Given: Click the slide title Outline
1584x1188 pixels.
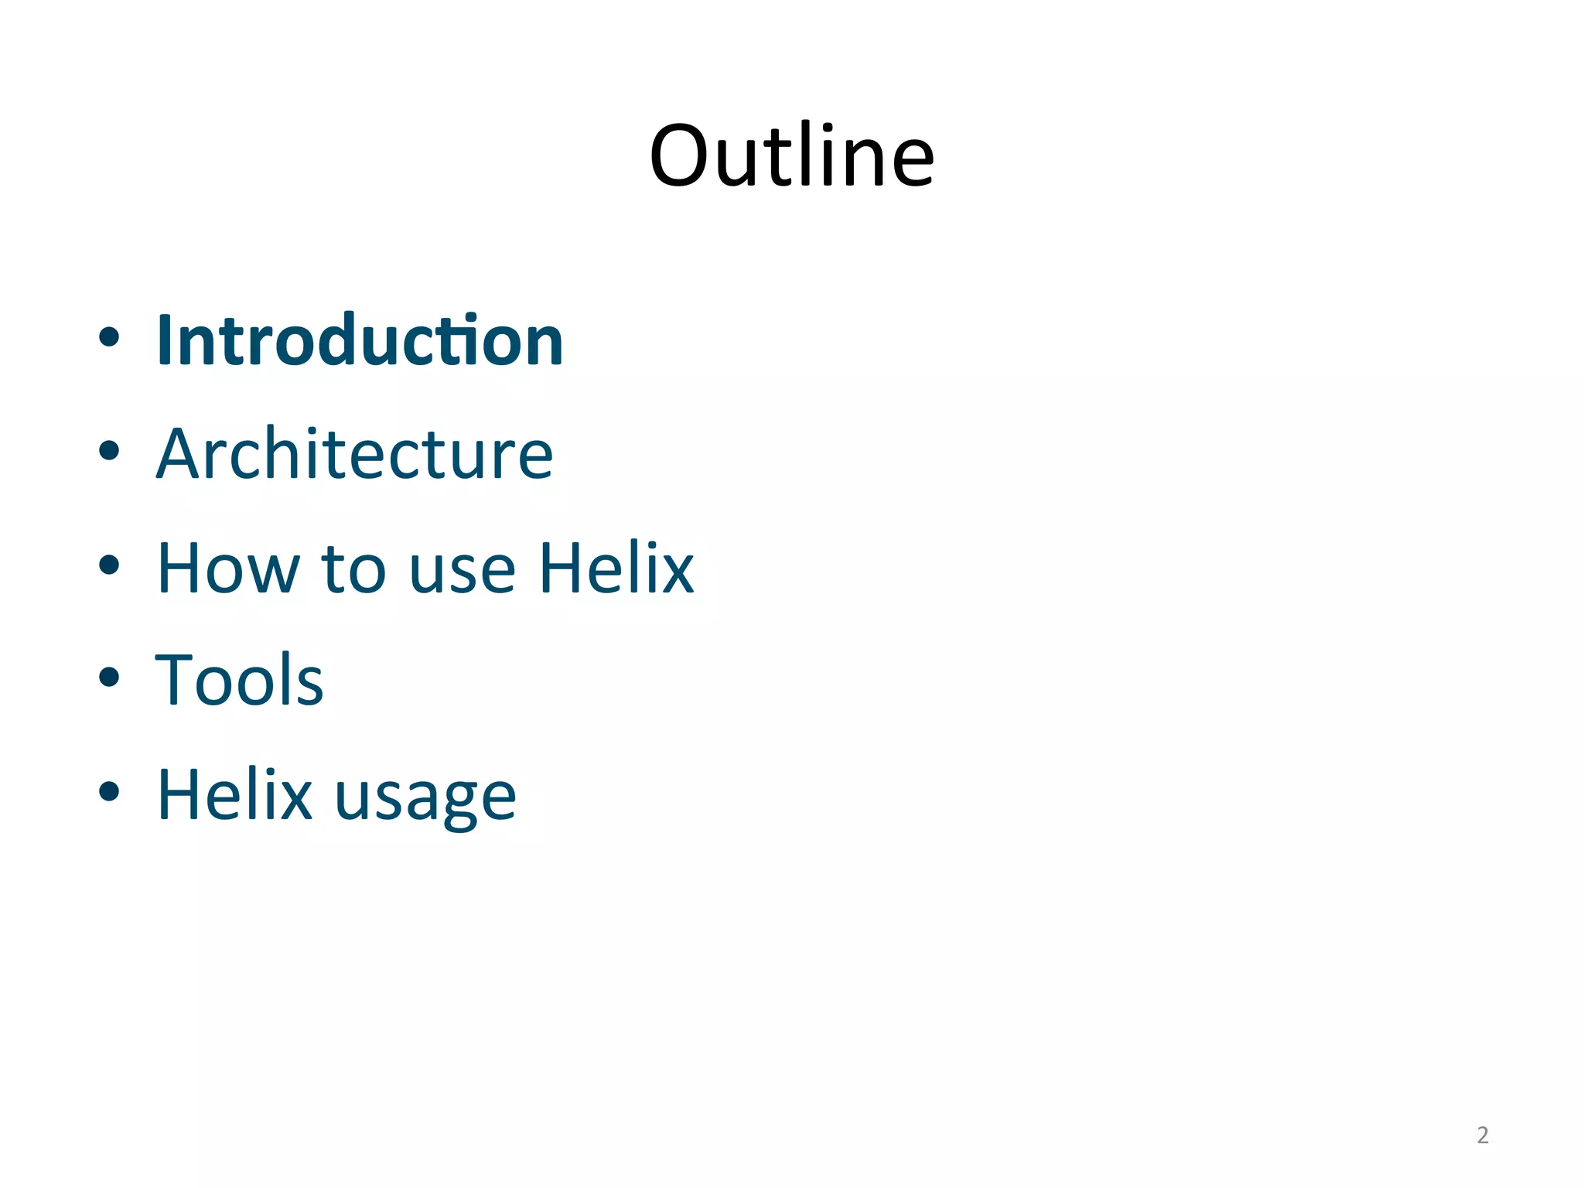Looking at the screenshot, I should [792, 157].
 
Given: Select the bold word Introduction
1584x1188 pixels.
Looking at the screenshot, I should [360, 341].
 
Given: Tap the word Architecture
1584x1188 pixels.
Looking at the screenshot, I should [355, 455].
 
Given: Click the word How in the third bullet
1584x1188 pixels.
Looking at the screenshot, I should [228, 568].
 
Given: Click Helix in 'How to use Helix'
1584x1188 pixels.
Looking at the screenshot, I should [616, 568].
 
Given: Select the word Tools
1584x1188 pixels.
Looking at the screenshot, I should [240, 681].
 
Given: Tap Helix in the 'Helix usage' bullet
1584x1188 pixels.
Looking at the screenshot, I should [234, 794].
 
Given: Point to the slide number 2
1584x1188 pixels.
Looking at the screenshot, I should [1482, 1135].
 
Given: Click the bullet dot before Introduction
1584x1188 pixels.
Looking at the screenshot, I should [109, 336].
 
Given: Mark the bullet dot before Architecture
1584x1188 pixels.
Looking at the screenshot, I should [109, 450].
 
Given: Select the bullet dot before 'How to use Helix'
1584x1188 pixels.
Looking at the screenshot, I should [109, 565].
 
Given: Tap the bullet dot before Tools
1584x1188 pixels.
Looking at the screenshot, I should [109, 677].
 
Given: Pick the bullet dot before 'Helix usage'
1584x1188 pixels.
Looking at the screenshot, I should [109, 791].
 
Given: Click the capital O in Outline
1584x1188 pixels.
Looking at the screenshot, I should [678, 157].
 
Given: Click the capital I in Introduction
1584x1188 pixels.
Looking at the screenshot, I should [164, 341].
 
